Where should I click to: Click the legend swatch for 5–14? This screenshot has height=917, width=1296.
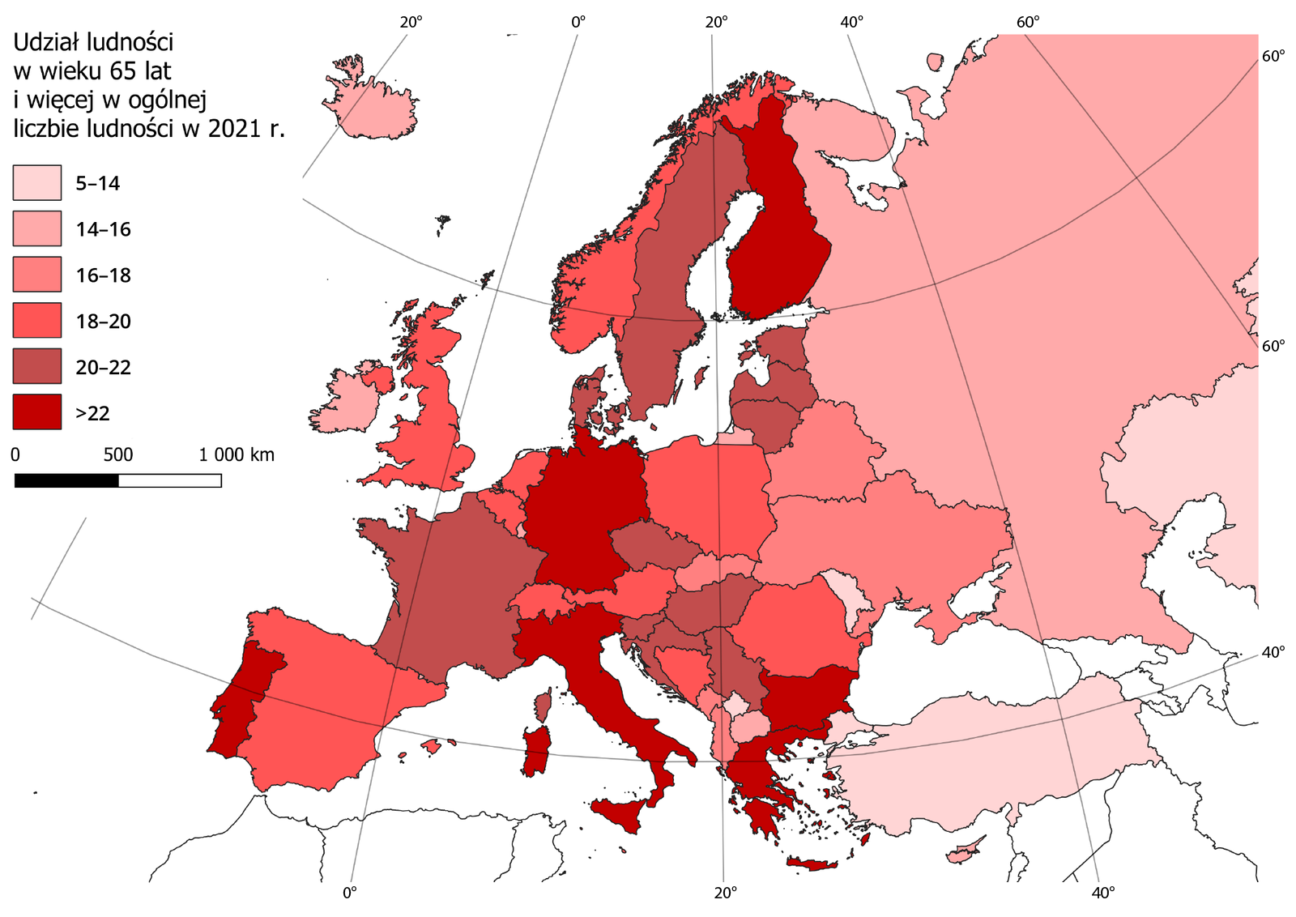click(36, 182)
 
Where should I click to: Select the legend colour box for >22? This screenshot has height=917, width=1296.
click(36, 412)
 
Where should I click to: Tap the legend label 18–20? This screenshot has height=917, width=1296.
click(103, 322)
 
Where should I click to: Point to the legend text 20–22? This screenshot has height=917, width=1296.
click(103, 368)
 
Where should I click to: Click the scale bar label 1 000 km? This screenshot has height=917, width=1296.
click(237, 455)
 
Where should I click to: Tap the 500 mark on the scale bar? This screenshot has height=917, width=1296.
click(118, 455)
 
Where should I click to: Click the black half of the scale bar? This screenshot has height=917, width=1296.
click(66, 480)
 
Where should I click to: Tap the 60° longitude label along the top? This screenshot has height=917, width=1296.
click(1028, 23)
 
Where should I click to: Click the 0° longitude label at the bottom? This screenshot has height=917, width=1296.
click(349, 893)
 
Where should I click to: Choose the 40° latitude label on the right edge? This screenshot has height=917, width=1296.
click(1273, 651)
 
